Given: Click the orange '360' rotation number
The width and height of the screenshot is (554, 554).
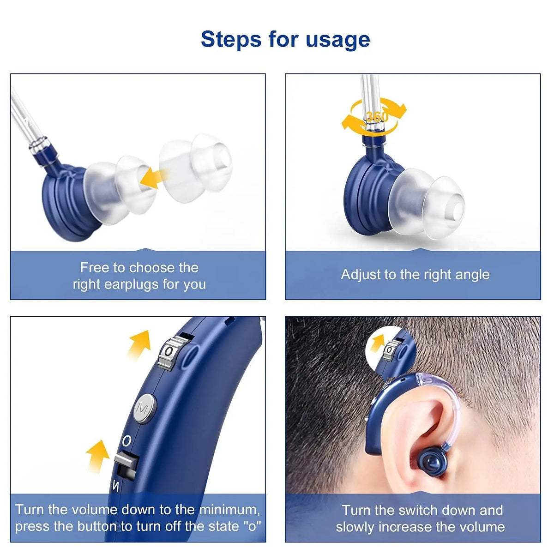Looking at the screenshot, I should coord(377,116).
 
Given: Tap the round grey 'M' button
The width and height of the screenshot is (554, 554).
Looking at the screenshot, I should coord(143,409).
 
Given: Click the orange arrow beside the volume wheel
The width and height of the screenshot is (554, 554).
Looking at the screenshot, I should coord(140,343).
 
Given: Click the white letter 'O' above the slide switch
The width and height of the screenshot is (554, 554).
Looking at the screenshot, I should coord(126,441).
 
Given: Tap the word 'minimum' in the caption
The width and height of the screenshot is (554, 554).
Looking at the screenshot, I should coord(229,510).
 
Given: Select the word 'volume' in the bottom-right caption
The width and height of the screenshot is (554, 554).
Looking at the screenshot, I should coord(482,527).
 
